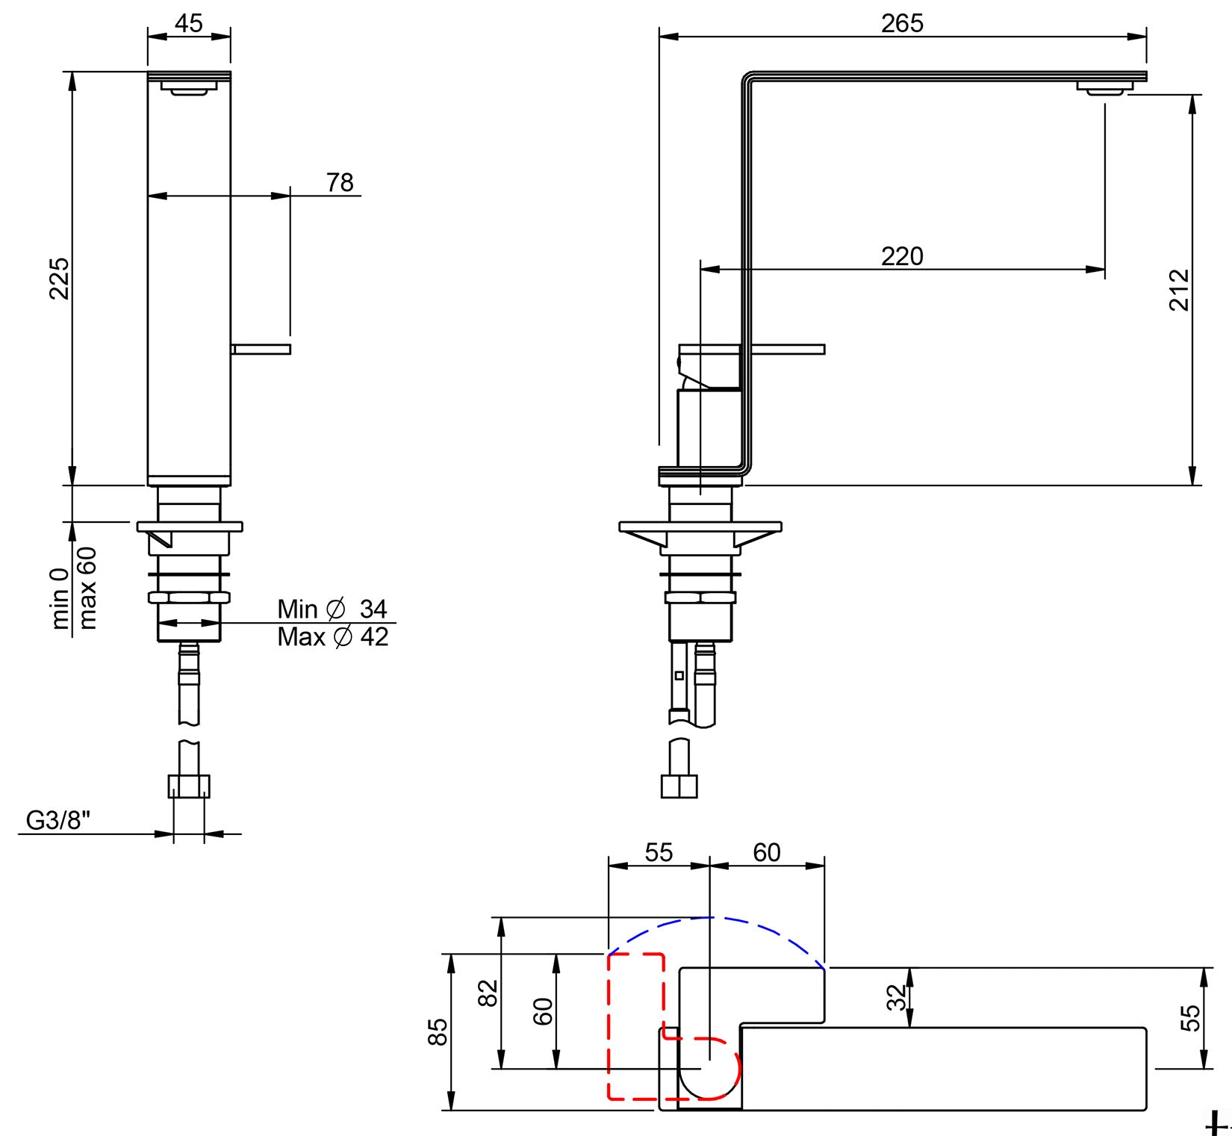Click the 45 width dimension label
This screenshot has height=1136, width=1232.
point(188,23)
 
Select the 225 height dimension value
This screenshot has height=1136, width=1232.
point(59,278)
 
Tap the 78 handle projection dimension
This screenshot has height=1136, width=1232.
point(340,182)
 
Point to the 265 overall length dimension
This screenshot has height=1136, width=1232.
point(902,23)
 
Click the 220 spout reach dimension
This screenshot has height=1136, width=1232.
point(902,256)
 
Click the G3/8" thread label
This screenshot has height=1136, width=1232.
point(58,820)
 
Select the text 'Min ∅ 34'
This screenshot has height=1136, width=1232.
point(332,609)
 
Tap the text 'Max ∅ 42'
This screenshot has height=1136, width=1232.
point(333,637)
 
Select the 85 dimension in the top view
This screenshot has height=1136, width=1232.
point(438,1031)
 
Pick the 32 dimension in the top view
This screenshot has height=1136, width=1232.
point(896,997)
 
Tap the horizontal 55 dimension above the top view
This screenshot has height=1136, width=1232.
point(659,852)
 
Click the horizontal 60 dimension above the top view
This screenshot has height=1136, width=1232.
point(767,852)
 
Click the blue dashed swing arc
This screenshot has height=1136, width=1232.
point(711,917)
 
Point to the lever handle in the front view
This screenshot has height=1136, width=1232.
point(261,349)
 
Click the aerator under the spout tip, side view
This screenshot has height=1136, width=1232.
point(1104,90)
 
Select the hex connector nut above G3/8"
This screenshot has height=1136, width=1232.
point(189,786)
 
